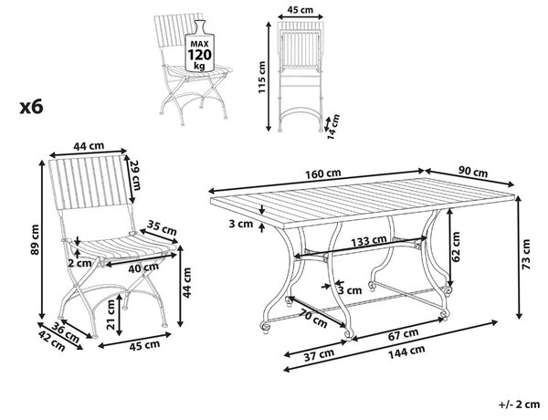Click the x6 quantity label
(x=31, y=107)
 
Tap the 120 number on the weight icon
(x=199, y=55)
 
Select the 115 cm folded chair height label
(x=262, y=78)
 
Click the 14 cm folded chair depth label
(x=333, y=126)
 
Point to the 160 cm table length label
(x=323, y=173)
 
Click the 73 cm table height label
(x=526, y=254)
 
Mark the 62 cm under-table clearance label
(x=456, y=247)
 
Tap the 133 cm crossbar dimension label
(x=369, y=241)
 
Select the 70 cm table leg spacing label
(x=313, y=319)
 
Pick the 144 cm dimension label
(x=406, y=351)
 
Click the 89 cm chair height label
(x=36, y=239)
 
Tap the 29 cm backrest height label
(x=134, y=175)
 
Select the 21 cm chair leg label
(x=111, y=315)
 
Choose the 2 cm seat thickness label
(x=79, y=263)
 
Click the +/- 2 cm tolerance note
(x=520, y=404)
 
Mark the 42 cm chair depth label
(x=51, y=341)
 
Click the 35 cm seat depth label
(x=162, y=227)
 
